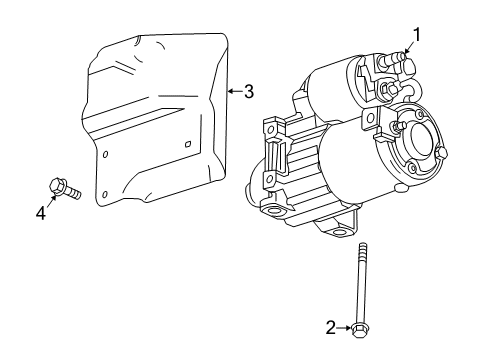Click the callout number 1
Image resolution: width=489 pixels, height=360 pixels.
tap(417, 35)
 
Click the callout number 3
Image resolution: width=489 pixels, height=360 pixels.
tap(249, 91)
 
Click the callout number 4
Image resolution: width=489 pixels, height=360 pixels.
tap(42, 212)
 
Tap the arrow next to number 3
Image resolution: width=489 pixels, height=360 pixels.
tap(234, 91)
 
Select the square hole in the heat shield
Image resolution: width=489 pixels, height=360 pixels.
tap(188, 145)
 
